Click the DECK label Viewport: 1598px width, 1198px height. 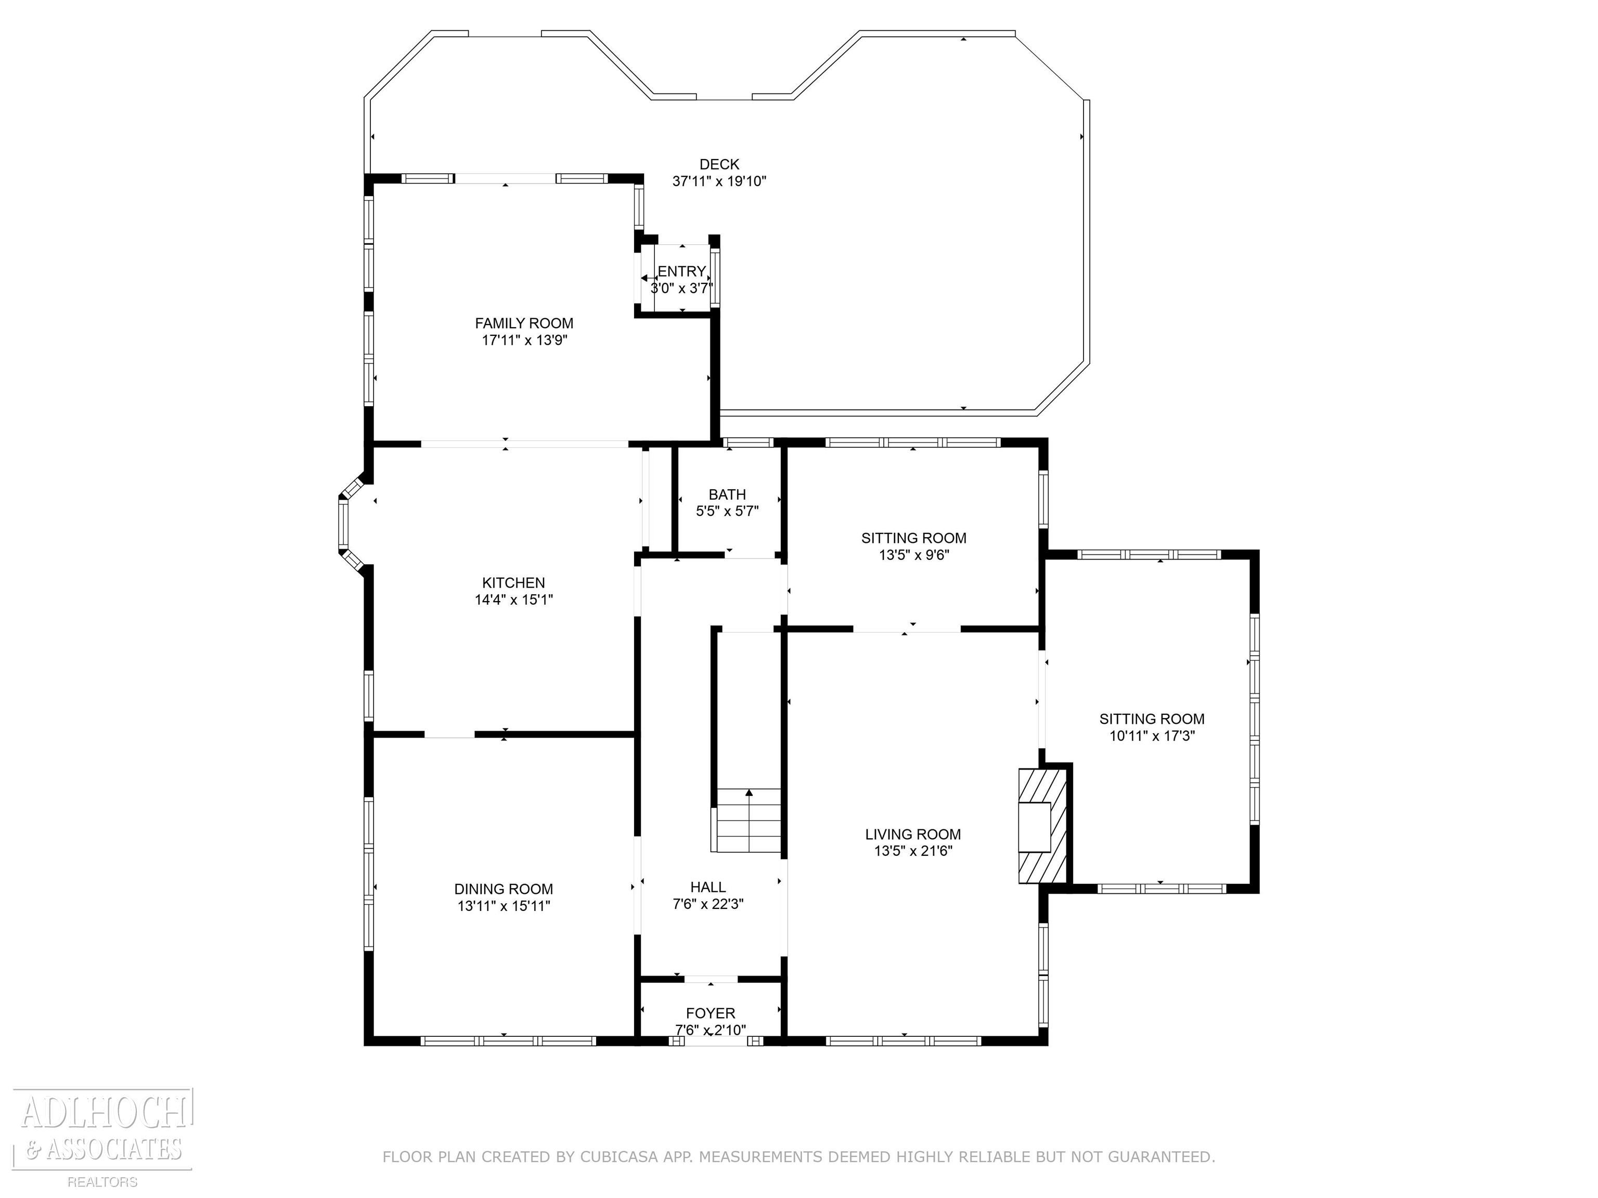coord(719,165)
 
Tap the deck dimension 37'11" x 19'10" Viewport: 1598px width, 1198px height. coord(719,181)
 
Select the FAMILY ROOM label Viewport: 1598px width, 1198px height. coord(524,323)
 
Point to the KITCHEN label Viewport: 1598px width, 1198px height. coord(513,583)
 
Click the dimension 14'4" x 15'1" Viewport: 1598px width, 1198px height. coord(513,600)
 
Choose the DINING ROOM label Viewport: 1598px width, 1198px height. coord(504,890)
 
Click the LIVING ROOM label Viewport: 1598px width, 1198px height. coord(913,835)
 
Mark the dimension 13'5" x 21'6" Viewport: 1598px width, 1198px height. coord(913,851)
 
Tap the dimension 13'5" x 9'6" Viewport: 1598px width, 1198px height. coord(914,555)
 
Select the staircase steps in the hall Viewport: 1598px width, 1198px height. coord(749,821)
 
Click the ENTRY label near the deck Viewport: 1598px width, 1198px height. coord(681,271)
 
